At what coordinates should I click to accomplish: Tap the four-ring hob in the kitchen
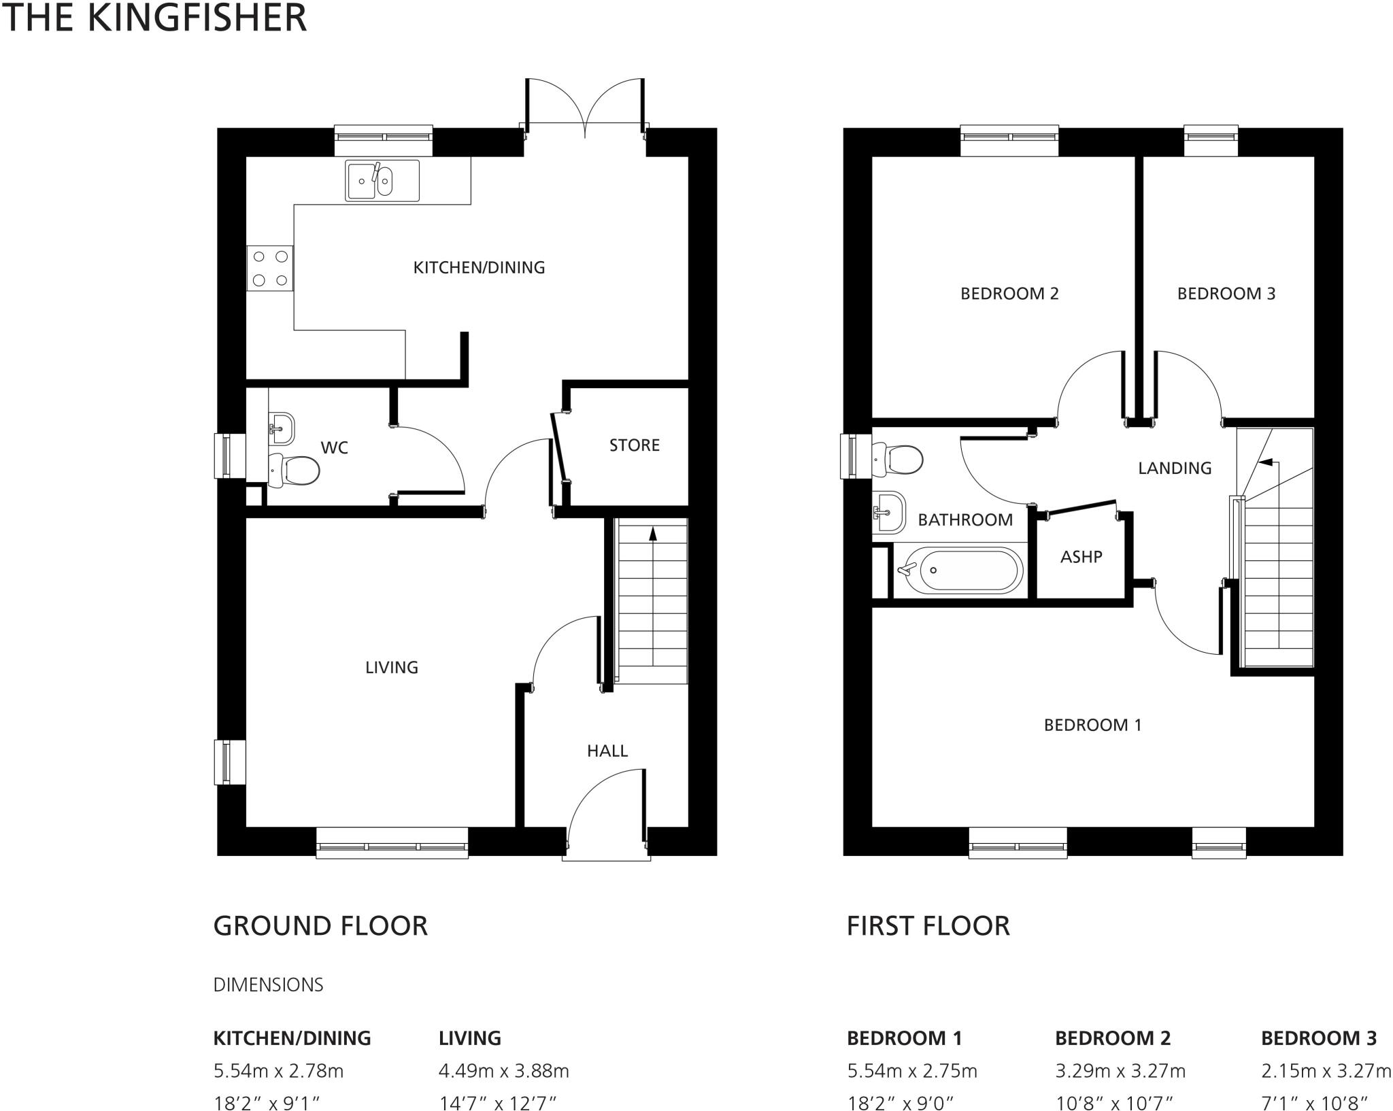pyautogui.click(x=270, y=268)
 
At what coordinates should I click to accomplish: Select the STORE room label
pyautogui.click(x=634, y=445)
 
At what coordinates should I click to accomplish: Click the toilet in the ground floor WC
pyautogui.click(x=297, y=470)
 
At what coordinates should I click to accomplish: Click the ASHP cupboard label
pyautogui.click(x=1081, y=557)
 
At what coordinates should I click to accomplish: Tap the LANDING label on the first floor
pyautogui.click(x=1175, y=468)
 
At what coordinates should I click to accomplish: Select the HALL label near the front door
pyautogui.click(x=607, y=751)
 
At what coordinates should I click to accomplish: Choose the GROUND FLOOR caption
pyautogui.click(x=320, y=926)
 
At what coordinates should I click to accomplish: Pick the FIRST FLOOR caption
pyautogui.click(x=928, y=926)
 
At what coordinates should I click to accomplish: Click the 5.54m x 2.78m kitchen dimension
pyautogui.click(x=278, y=1072)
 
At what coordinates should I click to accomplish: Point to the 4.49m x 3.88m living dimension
pyautogui.click(x=503, y=1072)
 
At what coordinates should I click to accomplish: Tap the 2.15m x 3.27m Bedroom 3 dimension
pyautogui.click(x=1326, y=1072)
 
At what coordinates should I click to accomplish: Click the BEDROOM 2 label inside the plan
pyautogui.click(x=1009, y=294)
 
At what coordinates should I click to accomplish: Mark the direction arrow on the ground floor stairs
pyautogui.click(x=653, y=534)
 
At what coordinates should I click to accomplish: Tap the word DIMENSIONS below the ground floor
pyautogui.click(x=268, y=985)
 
